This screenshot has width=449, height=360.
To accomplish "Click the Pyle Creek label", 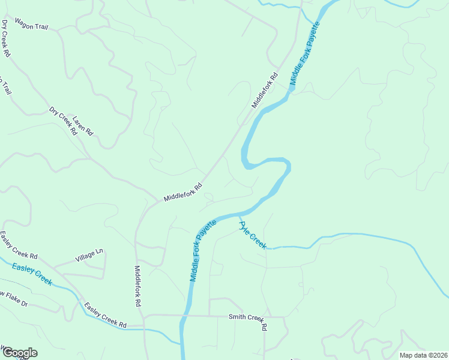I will [253, 235].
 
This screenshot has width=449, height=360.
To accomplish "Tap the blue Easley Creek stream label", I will [32, 274].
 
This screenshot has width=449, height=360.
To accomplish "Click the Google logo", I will [19, 353].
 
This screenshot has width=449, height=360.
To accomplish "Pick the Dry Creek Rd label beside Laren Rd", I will [64, 121].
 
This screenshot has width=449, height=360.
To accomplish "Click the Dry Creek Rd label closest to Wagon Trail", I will [6, 38].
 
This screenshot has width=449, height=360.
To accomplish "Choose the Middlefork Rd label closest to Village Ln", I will [138, 286].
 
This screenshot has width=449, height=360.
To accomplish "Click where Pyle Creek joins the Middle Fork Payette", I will [240, 215].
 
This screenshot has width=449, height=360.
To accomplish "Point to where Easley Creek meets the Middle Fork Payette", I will [181, 343].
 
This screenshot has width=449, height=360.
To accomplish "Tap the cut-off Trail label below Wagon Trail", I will [5, 86].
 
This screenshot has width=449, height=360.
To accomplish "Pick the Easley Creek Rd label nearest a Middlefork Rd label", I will [106, 316].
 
